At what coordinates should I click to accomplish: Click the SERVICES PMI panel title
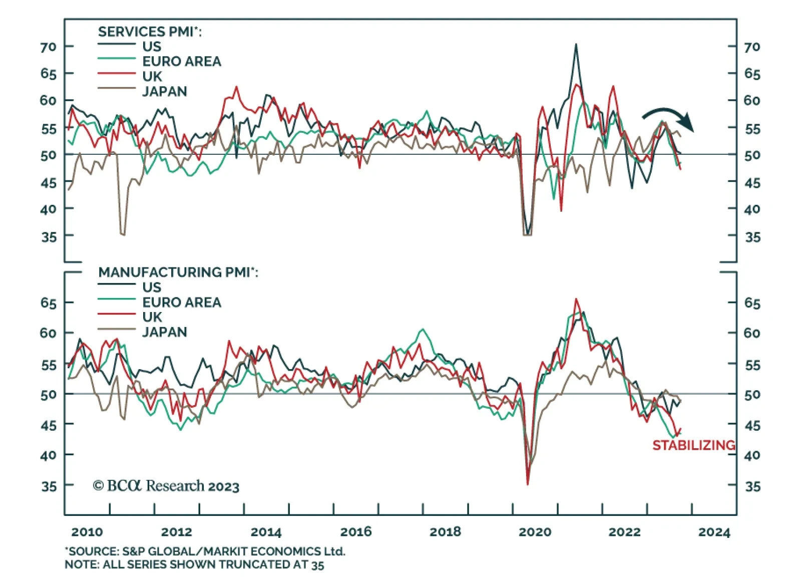click(x=150, y=32)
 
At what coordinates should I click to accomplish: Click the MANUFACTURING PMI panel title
click(x=178, y=272)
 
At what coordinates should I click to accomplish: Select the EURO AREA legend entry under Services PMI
click(x=181, y=61)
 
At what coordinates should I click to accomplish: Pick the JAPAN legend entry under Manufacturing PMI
click(x=164, y=332)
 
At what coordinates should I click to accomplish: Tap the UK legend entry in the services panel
click(x=152, y=76)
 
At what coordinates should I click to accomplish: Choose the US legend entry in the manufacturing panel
click(x=152, y=287)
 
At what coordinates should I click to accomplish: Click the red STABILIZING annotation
click(x=693, y=445)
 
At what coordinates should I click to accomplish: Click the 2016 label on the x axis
click(x=356, y=531)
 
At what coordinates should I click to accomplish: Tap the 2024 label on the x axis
click(x=714, y=532)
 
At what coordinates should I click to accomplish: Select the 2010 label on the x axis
click(x=87, y=531)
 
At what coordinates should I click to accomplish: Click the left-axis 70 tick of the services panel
click(x=49, y=47)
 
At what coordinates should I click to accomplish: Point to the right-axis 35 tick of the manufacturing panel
click(x=752, y=486)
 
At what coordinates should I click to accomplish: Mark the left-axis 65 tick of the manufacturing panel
click(x=49, y=303)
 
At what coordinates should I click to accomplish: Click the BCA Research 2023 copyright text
click(x=166, y=486)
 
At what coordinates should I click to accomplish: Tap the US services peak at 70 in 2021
click(x=576, y=45)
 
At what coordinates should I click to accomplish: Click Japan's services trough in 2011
click(x=122, y=234)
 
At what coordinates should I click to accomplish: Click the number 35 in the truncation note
click(x=317, y=565)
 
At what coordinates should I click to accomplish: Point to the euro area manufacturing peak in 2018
click(x=423, y=330)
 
